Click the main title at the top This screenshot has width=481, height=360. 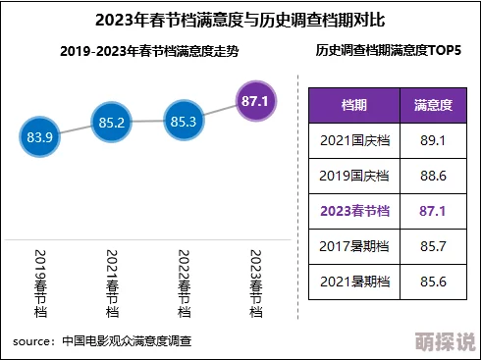tap(240, 20)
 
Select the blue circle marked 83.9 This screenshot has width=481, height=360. tap(40, 137)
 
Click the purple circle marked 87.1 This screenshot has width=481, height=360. tap(255, 100)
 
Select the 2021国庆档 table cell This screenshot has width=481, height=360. tap(354, 141)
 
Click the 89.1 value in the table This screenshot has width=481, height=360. tap(432, 141)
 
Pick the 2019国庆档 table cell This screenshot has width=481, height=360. tap(354, 176)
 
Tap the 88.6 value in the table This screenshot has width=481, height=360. tap(432, 176)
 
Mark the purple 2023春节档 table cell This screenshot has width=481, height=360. tap(354, 211)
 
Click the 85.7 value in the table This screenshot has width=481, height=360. tap(432, 245)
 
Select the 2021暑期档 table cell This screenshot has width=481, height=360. tap(354, 281)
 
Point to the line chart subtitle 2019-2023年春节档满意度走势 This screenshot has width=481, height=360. tap(147, 50)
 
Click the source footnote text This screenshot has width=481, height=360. tap(102, 341)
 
